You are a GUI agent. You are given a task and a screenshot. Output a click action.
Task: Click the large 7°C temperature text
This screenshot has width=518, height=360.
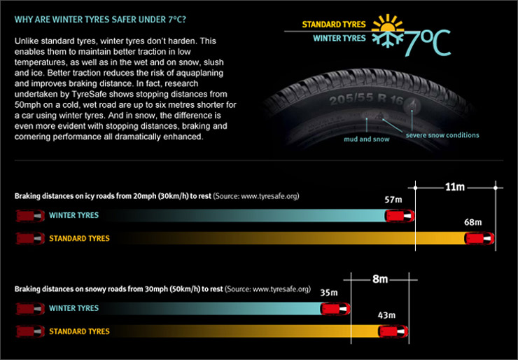pyautogui.click(x=425, y=42)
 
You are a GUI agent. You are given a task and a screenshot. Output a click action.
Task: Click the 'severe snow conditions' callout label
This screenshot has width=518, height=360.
pyautogui.click(x=442, y=134)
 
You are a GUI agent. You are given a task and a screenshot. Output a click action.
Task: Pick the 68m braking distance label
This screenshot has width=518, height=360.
pyautogui.click(x=473, y=223)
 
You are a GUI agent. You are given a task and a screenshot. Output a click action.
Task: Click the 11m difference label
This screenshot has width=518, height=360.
pyautogui.click(x=455, y=188)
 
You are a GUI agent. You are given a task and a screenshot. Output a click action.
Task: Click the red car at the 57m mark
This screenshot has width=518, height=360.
pyautogui.click(x=400, y=215)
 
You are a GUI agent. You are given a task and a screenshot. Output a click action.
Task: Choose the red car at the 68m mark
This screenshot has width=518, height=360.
pyautogui.click(x=480, y=238)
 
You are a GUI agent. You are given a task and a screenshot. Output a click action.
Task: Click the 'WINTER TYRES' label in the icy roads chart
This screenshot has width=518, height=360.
pyautogui.click(x=73, y=215)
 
